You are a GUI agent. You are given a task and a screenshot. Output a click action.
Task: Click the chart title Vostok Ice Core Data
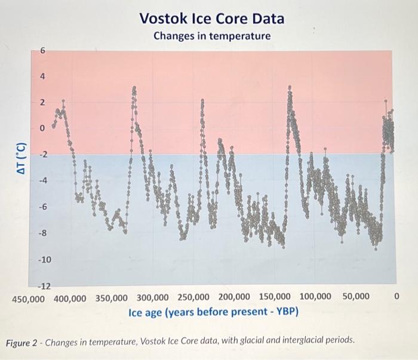pos(212,19)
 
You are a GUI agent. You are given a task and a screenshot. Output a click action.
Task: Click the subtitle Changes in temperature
pos(212,36)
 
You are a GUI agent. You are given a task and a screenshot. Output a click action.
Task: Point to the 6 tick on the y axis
pos(42,51)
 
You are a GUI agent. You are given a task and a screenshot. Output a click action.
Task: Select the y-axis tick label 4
pos(42,77)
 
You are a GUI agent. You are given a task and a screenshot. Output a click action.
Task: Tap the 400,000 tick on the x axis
pos(71,297)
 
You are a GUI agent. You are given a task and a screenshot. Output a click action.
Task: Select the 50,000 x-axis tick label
pos(356,297)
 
